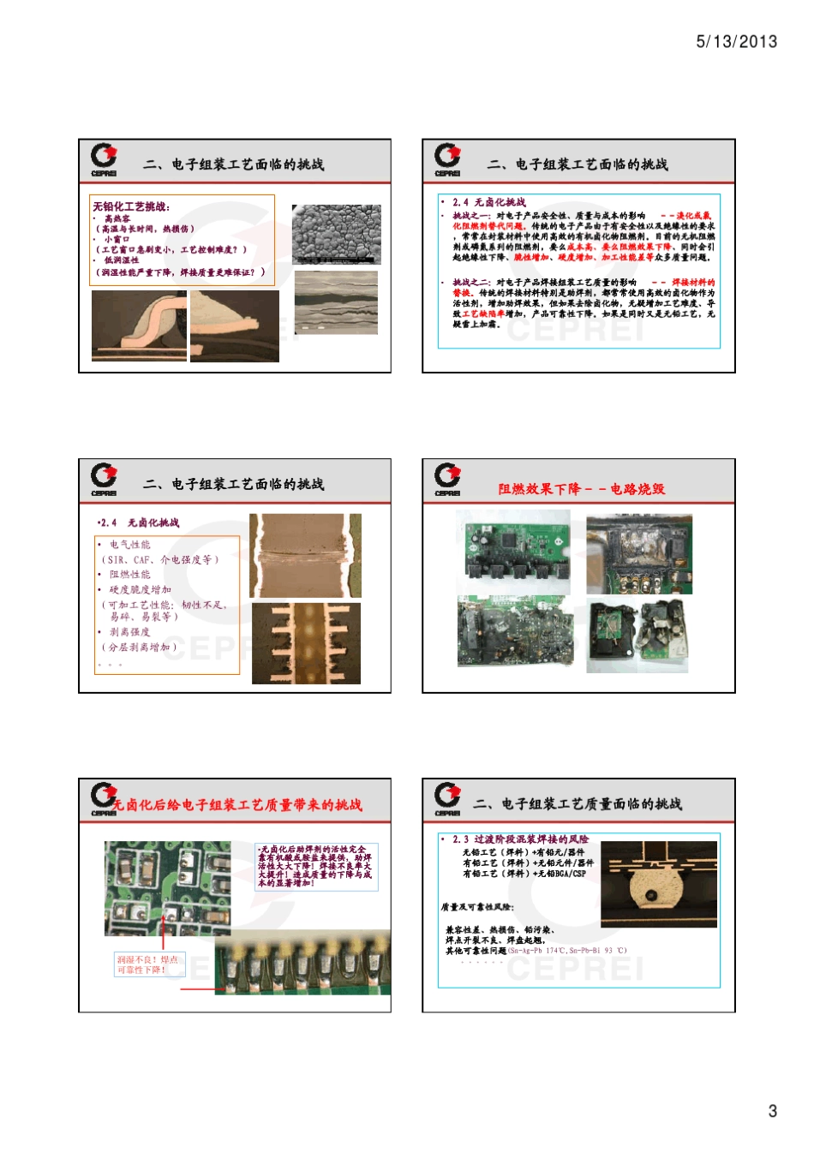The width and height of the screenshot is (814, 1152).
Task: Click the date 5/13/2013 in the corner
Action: [x=736, y=41]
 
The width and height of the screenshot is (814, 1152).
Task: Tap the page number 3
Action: [x=772, y=1111]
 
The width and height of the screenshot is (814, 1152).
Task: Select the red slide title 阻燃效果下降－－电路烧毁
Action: [x=581, y=489]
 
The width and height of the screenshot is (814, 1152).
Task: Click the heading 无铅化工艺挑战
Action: [x=131, y=206]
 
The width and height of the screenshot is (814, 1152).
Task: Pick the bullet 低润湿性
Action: [x=122, y=260]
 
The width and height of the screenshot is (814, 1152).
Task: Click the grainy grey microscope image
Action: [x=336, y=234]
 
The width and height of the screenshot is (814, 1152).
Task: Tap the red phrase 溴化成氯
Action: [x=693, y=216]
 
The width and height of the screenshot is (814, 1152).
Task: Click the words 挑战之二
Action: [x=471, y=283]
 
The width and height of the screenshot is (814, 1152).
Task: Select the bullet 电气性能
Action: [x=130, y=545]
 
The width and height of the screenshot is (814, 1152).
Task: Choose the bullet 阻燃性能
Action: [x=130, y=575]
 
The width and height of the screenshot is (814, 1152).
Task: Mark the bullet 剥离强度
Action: [x=130, y=632]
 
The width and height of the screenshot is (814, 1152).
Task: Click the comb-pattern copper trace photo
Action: [x=306, y=643]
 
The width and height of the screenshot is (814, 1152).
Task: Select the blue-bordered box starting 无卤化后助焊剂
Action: [x=316, y=866]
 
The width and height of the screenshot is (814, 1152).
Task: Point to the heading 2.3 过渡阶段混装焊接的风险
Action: [x=520, y=839]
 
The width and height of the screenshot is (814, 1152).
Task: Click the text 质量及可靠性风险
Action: [x=477, y=907]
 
